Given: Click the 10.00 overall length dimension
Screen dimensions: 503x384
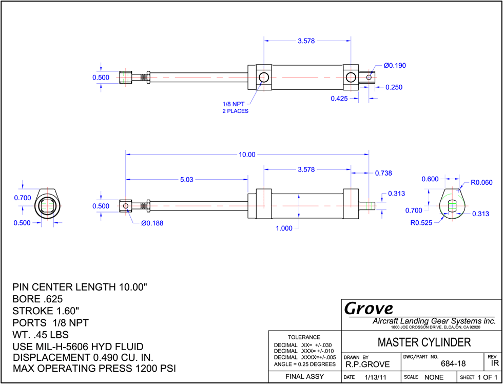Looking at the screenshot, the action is (247, 155).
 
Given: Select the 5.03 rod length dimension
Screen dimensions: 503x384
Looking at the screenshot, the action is (187, 180).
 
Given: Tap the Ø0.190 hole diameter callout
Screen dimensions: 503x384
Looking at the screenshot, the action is (395, 66).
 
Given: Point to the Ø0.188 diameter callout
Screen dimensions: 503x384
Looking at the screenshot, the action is (152, 223).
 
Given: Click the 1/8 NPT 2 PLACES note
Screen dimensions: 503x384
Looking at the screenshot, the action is (236, 108).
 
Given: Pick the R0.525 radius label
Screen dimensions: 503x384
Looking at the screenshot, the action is (421, 222).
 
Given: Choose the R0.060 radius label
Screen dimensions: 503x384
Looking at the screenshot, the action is (481, 183).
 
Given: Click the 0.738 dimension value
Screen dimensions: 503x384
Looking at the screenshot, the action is (383, 173).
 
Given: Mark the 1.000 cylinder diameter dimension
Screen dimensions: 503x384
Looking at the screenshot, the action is (284, 228).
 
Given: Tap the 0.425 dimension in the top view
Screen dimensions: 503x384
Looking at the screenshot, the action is (339, 99).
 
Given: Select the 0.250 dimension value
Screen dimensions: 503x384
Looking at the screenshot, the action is (394, 87).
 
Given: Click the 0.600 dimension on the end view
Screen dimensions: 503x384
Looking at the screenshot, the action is (430, 179).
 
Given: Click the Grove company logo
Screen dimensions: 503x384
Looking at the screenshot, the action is (369, 309).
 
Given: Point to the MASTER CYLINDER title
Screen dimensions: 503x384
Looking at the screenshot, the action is (424, 342).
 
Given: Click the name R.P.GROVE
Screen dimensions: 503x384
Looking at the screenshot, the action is (367, 364).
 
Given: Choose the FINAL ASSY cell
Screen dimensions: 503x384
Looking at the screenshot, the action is (305, 377).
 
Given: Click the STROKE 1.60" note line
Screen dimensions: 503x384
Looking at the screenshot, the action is (46, 311).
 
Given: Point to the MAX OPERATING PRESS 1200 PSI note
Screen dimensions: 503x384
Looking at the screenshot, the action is (94, 368).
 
